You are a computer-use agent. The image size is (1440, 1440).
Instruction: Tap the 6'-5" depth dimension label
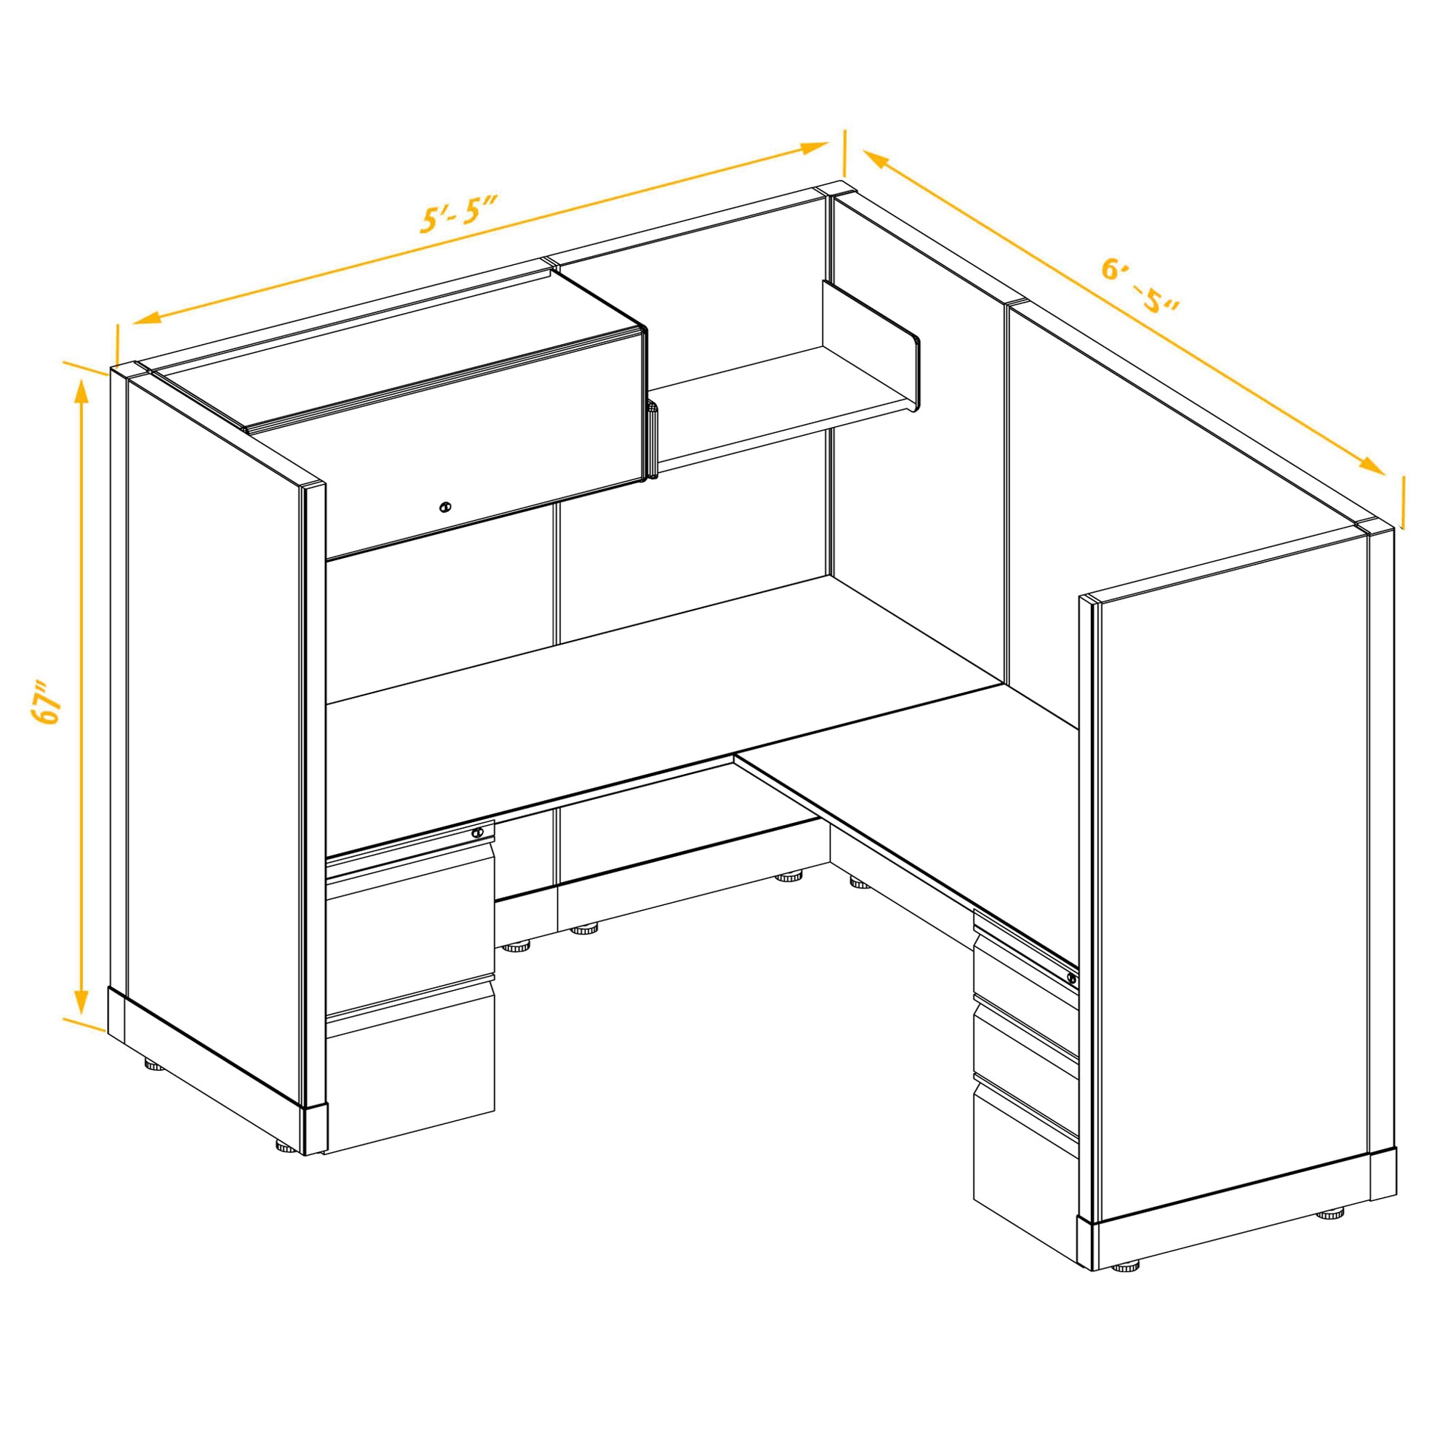click(x=1140, y=287)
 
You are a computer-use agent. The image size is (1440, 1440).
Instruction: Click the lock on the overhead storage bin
click(x=445, y=507)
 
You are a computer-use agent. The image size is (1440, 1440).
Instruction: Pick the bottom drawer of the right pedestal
click(x=1025, y=1163)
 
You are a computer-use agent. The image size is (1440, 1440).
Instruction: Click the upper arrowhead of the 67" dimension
click(x=82, y=392)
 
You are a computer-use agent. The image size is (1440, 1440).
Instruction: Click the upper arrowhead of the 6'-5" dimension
click(x=877, y=159)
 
